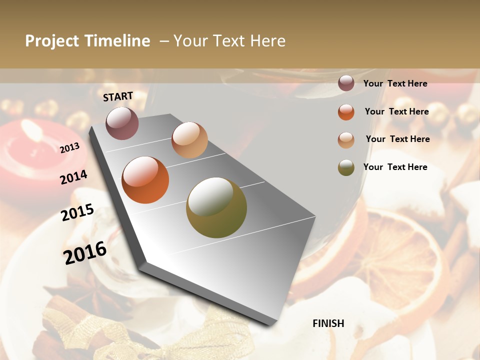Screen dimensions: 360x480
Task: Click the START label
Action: point(118,96)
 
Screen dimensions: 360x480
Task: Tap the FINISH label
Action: point(328,323)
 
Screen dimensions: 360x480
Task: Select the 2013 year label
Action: point(70,147)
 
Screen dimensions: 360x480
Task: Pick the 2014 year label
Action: point(73,177)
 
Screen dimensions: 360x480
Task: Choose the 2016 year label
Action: point(85,252)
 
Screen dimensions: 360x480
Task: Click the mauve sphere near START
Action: point(122,123)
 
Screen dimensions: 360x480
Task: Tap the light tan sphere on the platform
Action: point(189,139)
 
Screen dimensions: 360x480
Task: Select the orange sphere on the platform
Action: point(145,180)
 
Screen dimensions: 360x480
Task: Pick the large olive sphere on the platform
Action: point(216,207)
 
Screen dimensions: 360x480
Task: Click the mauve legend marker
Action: point(346,83)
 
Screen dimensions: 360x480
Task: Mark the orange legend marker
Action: point(346,112)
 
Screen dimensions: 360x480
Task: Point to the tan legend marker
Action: point(346,139)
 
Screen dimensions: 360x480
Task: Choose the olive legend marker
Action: point(346,167)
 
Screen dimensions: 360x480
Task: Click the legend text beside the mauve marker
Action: point(395,83)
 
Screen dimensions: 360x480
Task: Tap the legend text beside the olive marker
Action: point(395,167)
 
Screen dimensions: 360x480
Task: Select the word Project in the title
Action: point(52,41)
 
